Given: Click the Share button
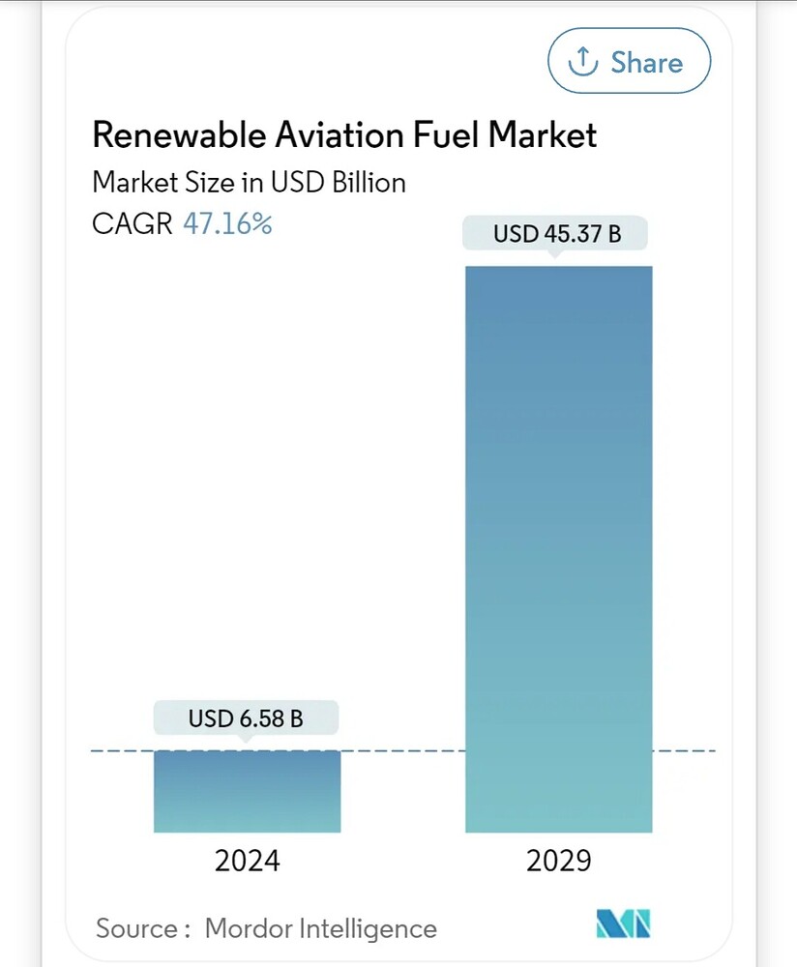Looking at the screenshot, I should coord(629,62).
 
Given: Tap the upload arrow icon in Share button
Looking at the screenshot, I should coord(582,62).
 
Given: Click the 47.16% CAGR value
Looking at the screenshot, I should coord(227,224).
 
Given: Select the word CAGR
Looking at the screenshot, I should coord(133,224).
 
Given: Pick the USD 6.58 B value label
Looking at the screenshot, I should coord(246,718).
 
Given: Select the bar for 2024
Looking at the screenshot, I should coord(247,791).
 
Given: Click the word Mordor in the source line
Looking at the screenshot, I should coord(248,929).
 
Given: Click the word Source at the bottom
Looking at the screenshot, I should coord(135,929).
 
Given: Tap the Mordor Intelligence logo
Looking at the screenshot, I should coord(624,924).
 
